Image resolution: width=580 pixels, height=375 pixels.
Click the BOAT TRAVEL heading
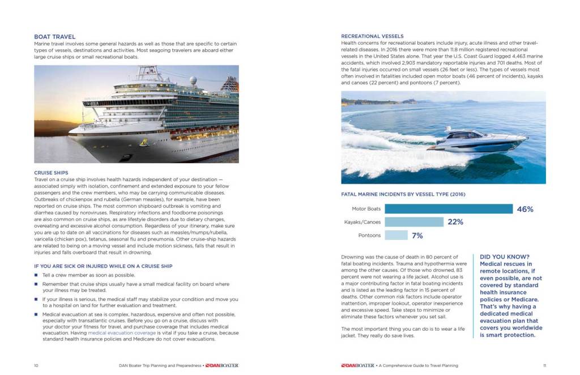pos(54,37)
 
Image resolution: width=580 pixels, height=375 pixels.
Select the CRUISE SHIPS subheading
pos(51,173)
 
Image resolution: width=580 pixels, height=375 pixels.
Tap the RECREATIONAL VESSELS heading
pos(372,36)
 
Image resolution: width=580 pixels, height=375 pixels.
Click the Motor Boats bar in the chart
pos(448,209)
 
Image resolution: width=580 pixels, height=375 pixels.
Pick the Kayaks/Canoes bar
pos(414,222)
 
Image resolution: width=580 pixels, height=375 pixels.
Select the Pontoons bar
pos(396,235)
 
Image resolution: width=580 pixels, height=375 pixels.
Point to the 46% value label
pos(525,209)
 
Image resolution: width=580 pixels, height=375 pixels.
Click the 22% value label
pos(455,222)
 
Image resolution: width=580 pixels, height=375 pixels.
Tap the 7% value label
pos(417,235)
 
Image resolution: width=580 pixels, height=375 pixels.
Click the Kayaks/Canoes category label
pos(362,222)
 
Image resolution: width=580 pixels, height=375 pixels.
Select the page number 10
pos(36,365)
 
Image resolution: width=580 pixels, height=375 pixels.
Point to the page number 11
pos(544,365)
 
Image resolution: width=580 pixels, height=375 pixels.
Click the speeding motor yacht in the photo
pos(477,140)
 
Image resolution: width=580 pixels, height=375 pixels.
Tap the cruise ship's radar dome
pos(193,80)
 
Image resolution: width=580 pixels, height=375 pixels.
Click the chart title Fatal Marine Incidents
pos(403,194)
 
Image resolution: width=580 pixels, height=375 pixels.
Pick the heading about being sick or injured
pos(103,266)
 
